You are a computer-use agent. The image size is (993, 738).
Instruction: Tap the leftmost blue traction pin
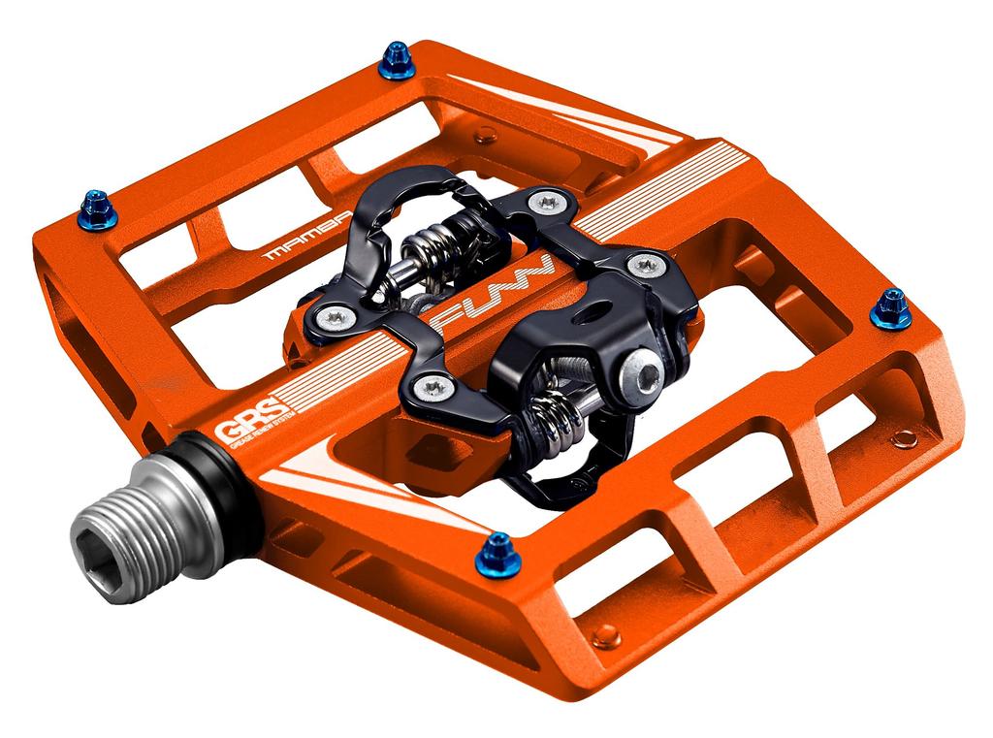(97, 208)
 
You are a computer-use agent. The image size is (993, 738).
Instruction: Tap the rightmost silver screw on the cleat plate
(645, 264)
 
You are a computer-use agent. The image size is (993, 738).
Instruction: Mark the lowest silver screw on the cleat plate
(433, 387)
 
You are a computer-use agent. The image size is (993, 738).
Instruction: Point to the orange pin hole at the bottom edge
(605, 636)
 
